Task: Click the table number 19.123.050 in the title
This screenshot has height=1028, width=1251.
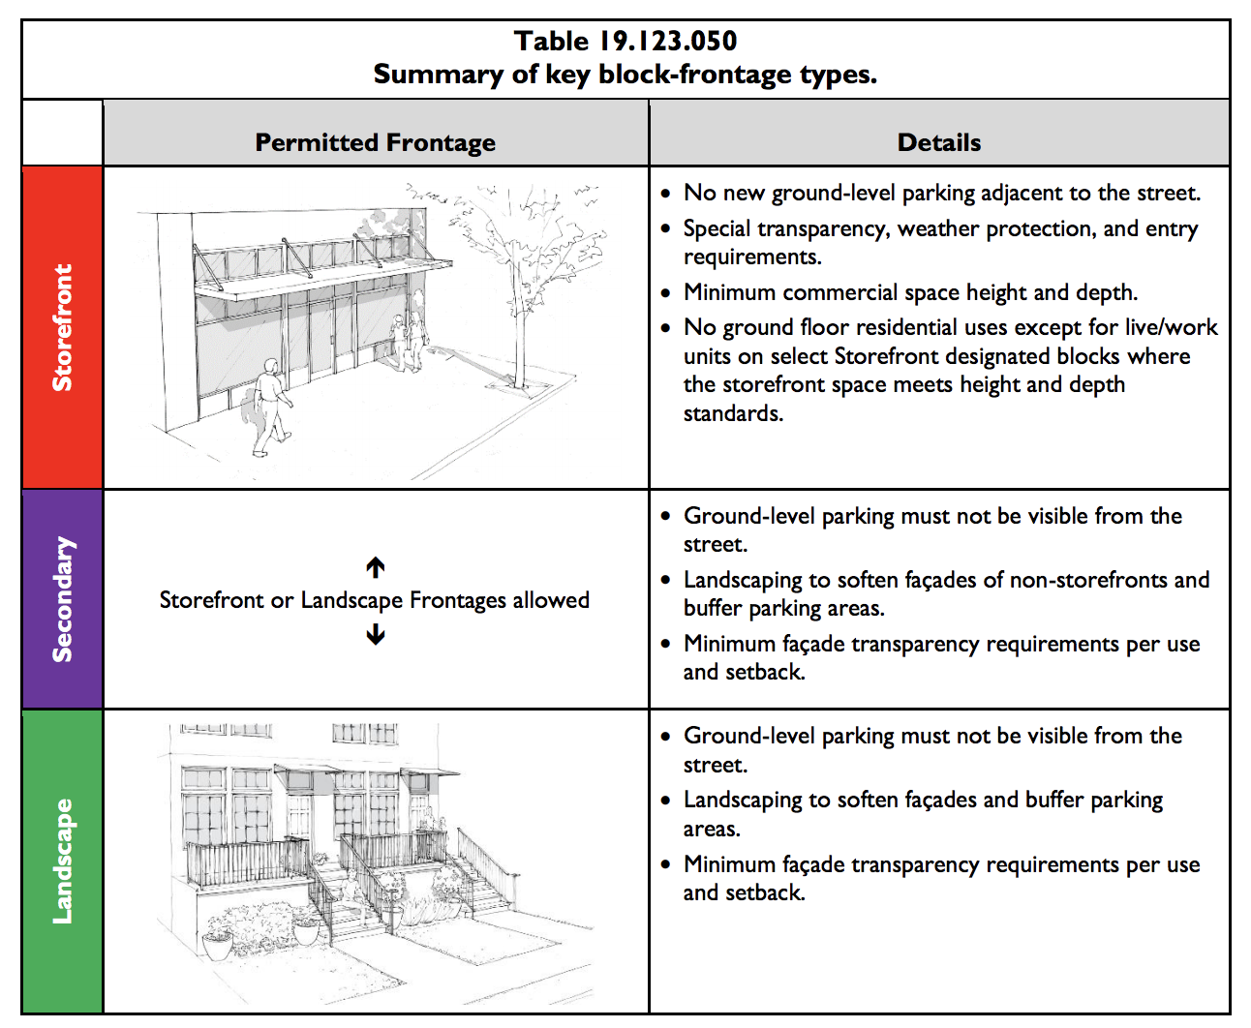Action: (x=668, y=41)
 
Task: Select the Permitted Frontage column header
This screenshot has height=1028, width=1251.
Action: (x=375, y=142)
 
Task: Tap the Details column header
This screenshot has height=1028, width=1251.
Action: (x=938, y=142)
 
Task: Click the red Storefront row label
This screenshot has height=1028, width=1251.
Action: (x=62, y=327)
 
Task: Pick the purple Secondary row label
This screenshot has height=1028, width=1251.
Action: (x=62, y=599)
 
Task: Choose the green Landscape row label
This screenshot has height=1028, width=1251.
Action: (x=62, y=861)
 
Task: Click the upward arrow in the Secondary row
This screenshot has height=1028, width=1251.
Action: (x=376, y=567)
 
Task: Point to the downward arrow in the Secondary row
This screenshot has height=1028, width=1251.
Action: (x=376, y=635)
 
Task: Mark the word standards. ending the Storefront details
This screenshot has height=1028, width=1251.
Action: (x=733, y=413)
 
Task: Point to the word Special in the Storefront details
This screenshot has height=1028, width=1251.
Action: (x=717, y=228)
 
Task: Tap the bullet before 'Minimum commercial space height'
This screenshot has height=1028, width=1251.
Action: (x=665, y=293)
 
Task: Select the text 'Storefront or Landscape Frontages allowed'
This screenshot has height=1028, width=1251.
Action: (x=375, y=600)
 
